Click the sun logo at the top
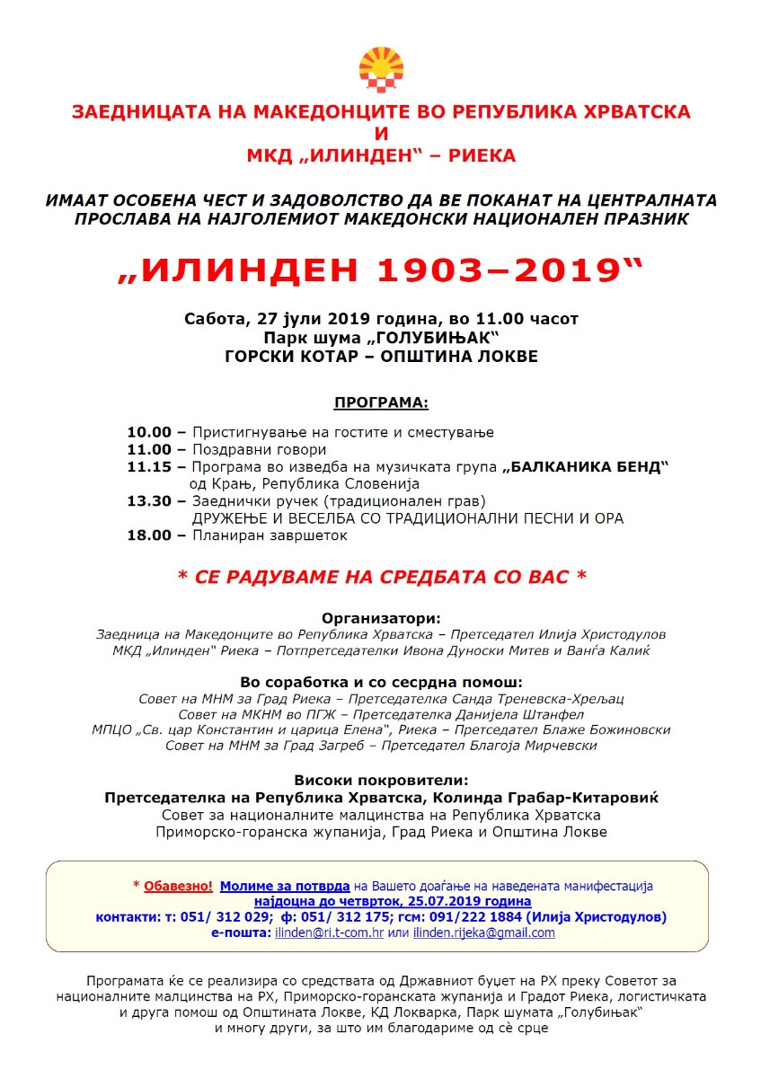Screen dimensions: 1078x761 pyautogui.click(x=381, y=70)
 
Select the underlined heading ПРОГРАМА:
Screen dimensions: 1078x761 pyautogui.click(x=381, y=401)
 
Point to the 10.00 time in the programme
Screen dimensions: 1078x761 pyautogui.click(x=149, y=432)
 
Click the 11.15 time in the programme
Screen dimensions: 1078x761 pyautogui.click(x=149, y=467)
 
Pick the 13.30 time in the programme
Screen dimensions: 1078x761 pyautogui.click(x=149, y=501)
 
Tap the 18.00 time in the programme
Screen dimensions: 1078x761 pyautogui.click(x=149, y=535)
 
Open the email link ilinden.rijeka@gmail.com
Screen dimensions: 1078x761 pyautogui.click(x=484, y=933)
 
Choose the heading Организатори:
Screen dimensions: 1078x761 pyautogui.click(x=381, y=618)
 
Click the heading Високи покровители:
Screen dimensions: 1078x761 pyautogui.click(x=381, y=780)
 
